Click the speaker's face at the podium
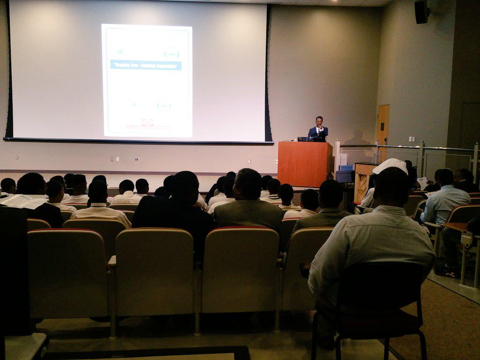(x=319, y=121)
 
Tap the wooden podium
(x=304, y=164)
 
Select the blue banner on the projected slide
(x=146, y=65)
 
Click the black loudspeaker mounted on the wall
(x=421, y=12)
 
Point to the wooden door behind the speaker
(x=383, y=127)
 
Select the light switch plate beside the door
(x=411, y=139)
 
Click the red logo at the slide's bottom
(x=147, y=122)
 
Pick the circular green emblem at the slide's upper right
(x=172, y=52)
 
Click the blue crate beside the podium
(x=346, y=168)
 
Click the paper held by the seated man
(x=423, y=182)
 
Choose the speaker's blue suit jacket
(x=318, y=133)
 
